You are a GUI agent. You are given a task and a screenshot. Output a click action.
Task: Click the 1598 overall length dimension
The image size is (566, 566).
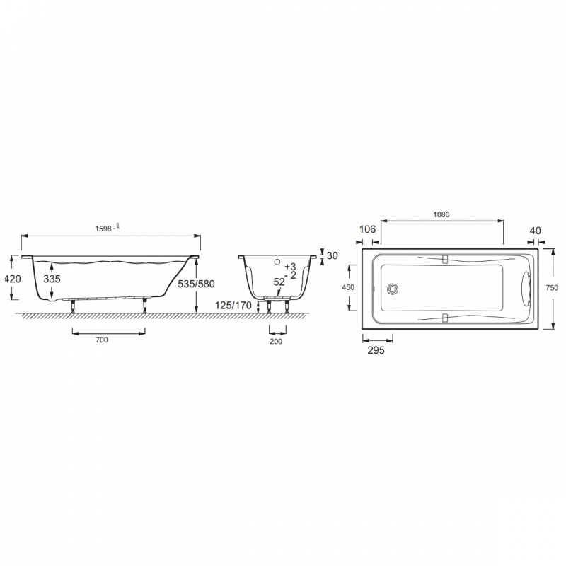coord(104,228)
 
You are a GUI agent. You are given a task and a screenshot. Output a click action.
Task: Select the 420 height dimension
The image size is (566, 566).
coord(13,279)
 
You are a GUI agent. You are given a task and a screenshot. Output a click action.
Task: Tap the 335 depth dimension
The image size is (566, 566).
coord(52,279)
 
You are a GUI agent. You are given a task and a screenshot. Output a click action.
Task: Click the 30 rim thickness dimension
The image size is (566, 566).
coord(333,255)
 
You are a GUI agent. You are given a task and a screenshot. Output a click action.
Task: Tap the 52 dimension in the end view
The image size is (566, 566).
coord(279,282)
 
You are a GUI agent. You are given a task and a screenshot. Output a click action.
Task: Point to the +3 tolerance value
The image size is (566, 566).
coord(289,266)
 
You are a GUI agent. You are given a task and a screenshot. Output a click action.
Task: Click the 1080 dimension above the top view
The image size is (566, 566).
coord(441,214)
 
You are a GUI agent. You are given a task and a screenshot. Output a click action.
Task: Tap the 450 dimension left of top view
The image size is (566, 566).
coord(348,287)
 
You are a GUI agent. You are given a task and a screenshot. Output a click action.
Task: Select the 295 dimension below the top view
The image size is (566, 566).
coord(375,350)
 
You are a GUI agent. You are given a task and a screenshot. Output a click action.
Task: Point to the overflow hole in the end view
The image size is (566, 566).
coord(278,261)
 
